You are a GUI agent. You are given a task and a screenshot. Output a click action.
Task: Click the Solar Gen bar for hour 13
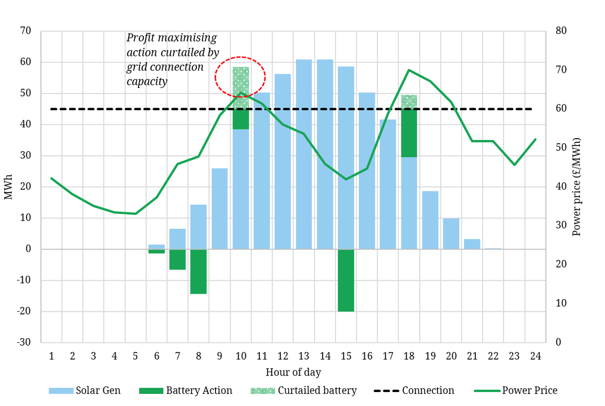pyautogui.click(x=304, y=155)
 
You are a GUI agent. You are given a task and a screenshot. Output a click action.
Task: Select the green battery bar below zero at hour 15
pyautogui.click(x=346, y=280)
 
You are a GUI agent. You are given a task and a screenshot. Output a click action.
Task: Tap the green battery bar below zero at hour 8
pyautogui.click(x=198, y=272)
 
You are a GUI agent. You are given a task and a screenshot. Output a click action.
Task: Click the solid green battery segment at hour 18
pyautogui.click(x=409, y=133)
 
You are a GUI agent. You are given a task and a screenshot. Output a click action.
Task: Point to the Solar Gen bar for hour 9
pyautogui.click(x=219, y=208)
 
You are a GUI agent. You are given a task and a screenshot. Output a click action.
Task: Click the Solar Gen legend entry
pyautogui.click(x=84, y=391)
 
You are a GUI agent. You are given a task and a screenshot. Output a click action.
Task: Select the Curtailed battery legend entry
pyautogui.click(x=304, y=391)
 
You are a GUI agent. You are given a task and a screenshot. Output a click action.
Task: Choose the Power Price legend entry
pyautogui.click(x=515, y=391)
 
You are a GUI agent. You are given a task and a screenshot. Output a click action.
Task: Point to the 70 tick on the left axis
pyautogui.click(x=25, y=31)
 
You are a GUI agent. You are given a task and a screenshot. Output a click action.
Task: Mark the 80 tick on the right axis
pyautogui.click(x=561, y=31)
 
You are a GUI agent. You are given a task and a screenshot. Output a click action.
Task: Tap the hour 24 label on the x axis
pyautogui.click(x=536, y=356)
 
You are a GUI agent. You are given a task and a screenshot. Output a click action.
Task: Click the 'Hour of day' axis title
pyautogui.click(x=293, y=373)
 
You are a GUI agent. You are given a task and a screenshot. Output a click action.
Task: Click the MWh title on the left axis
pyautogui.click(x=8, y=187)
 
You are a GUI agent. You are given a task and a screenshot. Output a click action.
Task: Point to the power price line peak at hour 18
pyautogui.click(x=409, y=70)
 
